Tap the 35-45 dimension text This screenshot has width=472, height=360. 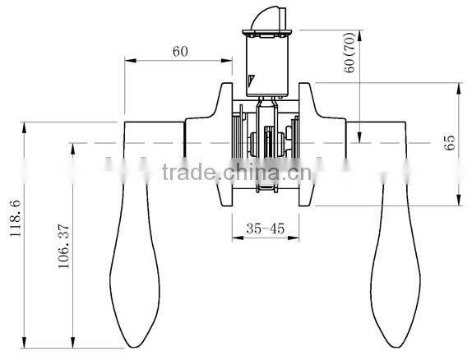pos(265,229)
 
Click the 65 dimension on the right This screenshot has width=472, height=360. pos(448,144)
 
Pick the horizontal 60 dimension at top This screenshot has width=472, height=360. pos(181,51)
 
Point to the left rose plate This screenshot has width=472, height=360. pos(225,145)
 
